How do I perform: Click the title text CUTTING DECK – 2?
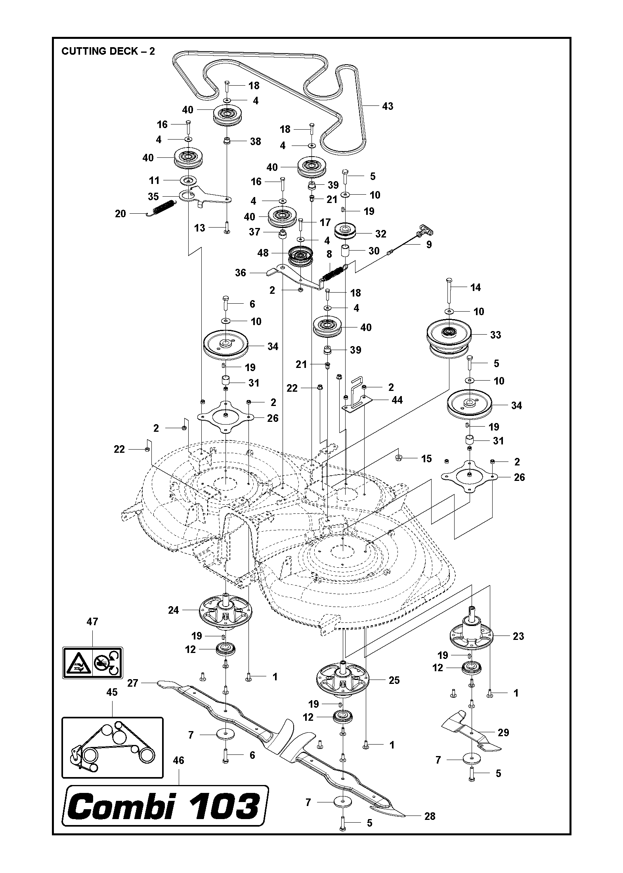(108, 51)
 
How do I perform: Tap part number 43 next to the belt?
(387, 106)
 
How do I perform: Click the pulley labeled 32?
(346, 232)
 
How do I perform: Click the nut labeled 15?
(399, 458)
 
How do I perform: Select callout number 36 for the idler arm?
(240, 273)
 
